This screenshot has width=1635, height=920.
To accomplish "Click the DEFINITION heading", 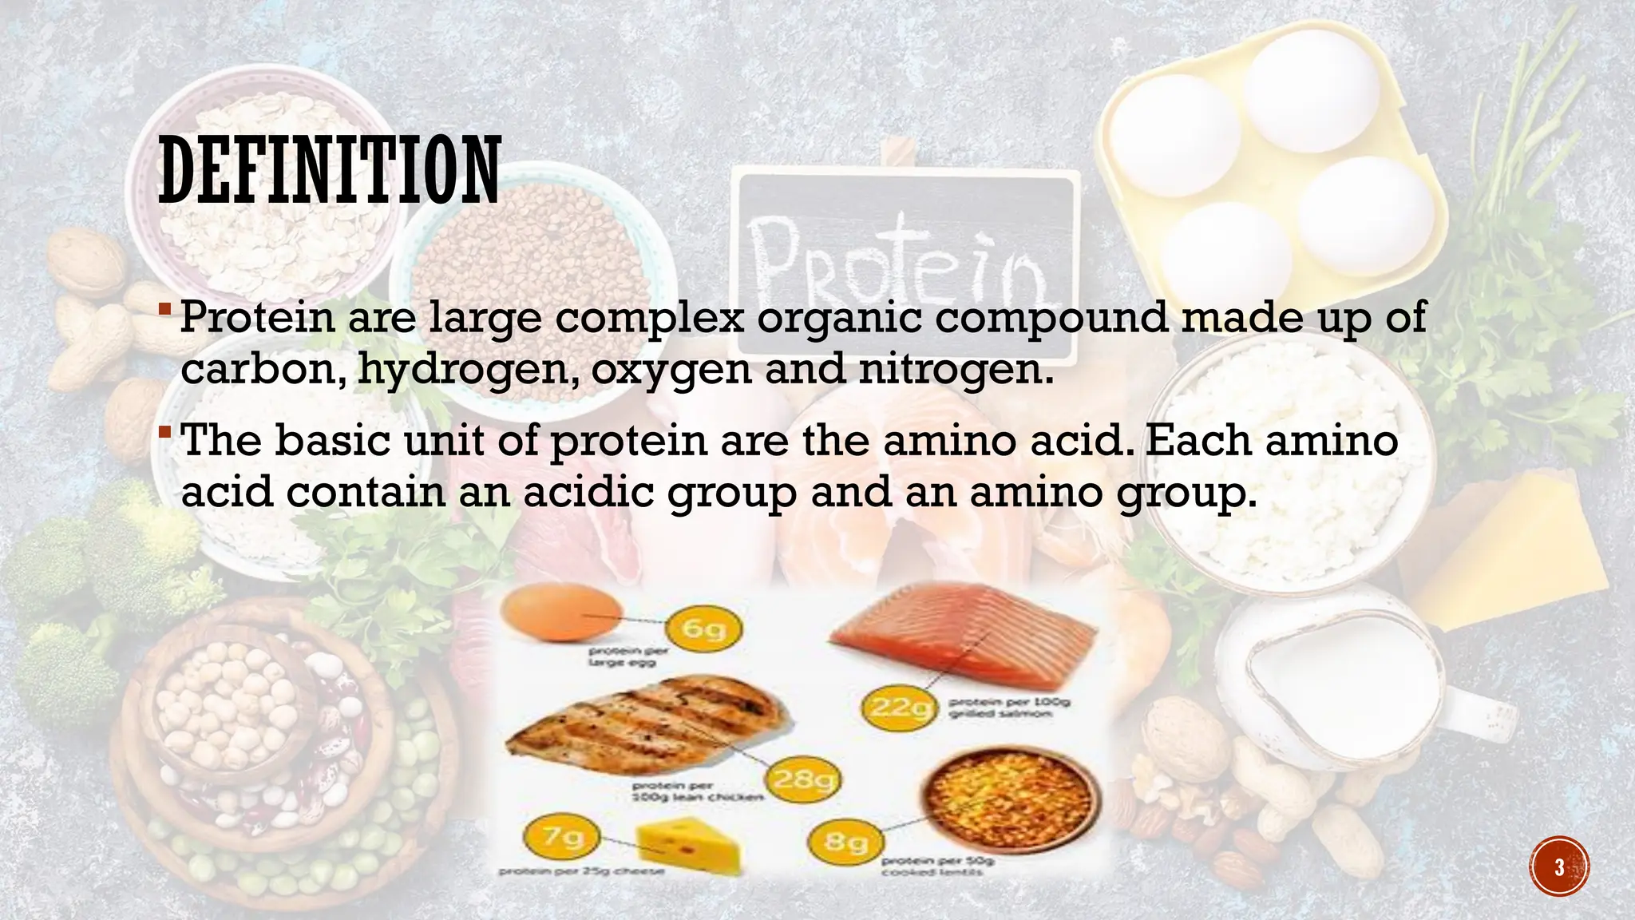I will [x=329, y=170].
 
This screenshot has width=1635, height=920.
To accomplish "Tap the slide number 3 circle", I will [x=1559, y=866].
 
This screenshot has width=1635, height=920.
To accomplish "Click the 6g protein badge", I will [x=704, y=629].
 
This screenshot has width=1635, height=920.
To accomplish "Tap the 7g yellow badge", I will [x=564, y=837].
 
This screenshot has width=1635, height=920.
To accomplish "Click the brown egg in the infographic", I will [x=561, y=613].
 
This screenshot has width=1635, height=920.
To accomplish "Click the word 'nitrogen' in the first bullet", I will [x=955, y=369].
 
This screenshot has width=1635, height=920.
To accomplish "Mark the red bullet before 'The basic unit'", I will [x=164, y=432].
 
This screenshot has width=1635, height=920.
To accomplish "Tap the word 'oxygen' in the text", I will [x=672, y=369].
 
